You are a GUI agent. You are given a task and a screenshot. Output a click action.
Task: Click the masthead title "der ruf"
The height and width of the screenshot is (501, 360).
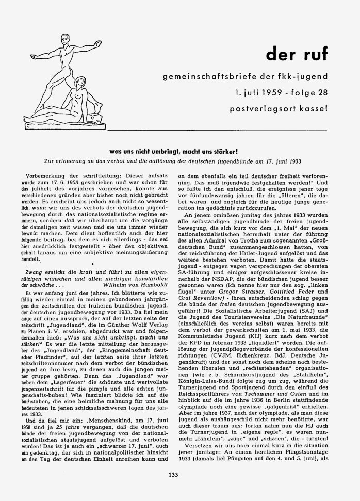coord(296,54)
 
